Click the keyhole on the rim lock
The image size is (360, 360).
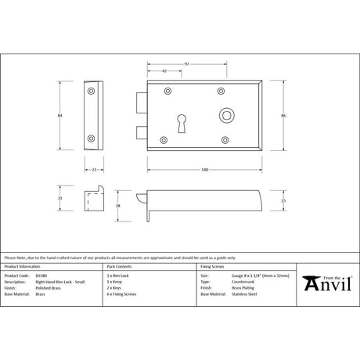point(185,125)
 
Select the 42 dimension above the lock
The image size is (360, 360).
point(163,70)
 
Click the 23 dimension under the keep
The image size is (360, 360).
point(93,168)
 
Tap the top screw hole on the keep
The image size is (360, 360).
point(93,92)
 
